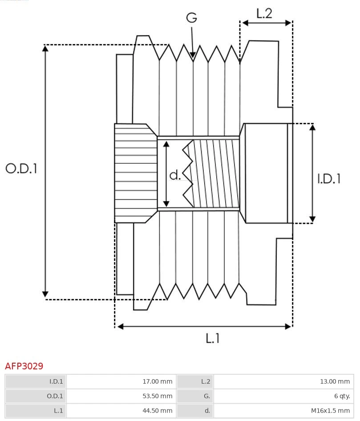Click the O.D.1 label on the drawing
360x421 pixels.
tap(21, 168)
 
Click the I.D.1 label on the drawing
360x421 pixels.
tap(329, 178)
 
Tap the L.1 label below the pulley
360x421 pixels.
tap(213, 339)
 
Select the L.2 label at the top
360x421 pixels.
tap(264, 13)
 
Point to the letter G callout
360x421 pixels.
tap(191, 18)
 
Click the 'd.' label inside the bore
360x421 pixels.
tap(175, 175)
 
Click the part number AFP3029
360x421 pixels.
tap(24, 366)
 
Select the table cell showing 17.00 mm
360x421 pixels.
tap(121, 381)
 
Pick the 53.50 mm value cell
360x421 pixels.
tap(121, 396)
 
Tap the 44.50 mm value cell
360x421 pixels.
tap(121, 411)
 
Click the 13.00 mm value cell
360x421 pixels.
tap(283, 381)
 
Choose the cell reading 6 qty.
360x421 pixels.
tap(283, 396)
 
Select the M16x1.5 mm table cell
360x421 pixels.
tap(283, 411)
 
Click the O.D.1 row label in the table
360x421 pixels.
tap(36, 396)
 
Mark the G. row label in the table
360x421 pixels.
tap(194, 396)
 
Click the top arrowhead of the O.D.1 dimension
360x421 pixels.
tap(45, 47)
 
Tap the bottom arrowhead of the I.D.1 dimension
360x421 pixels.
tap(312, 220)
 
